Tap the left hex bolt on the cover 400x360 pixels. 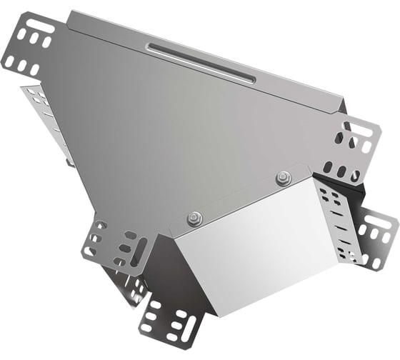tap(192, 219)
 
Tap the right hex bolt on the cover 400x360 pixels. tap(284, 178)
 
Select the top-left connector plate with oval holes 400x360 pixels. tap(34, 49)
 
